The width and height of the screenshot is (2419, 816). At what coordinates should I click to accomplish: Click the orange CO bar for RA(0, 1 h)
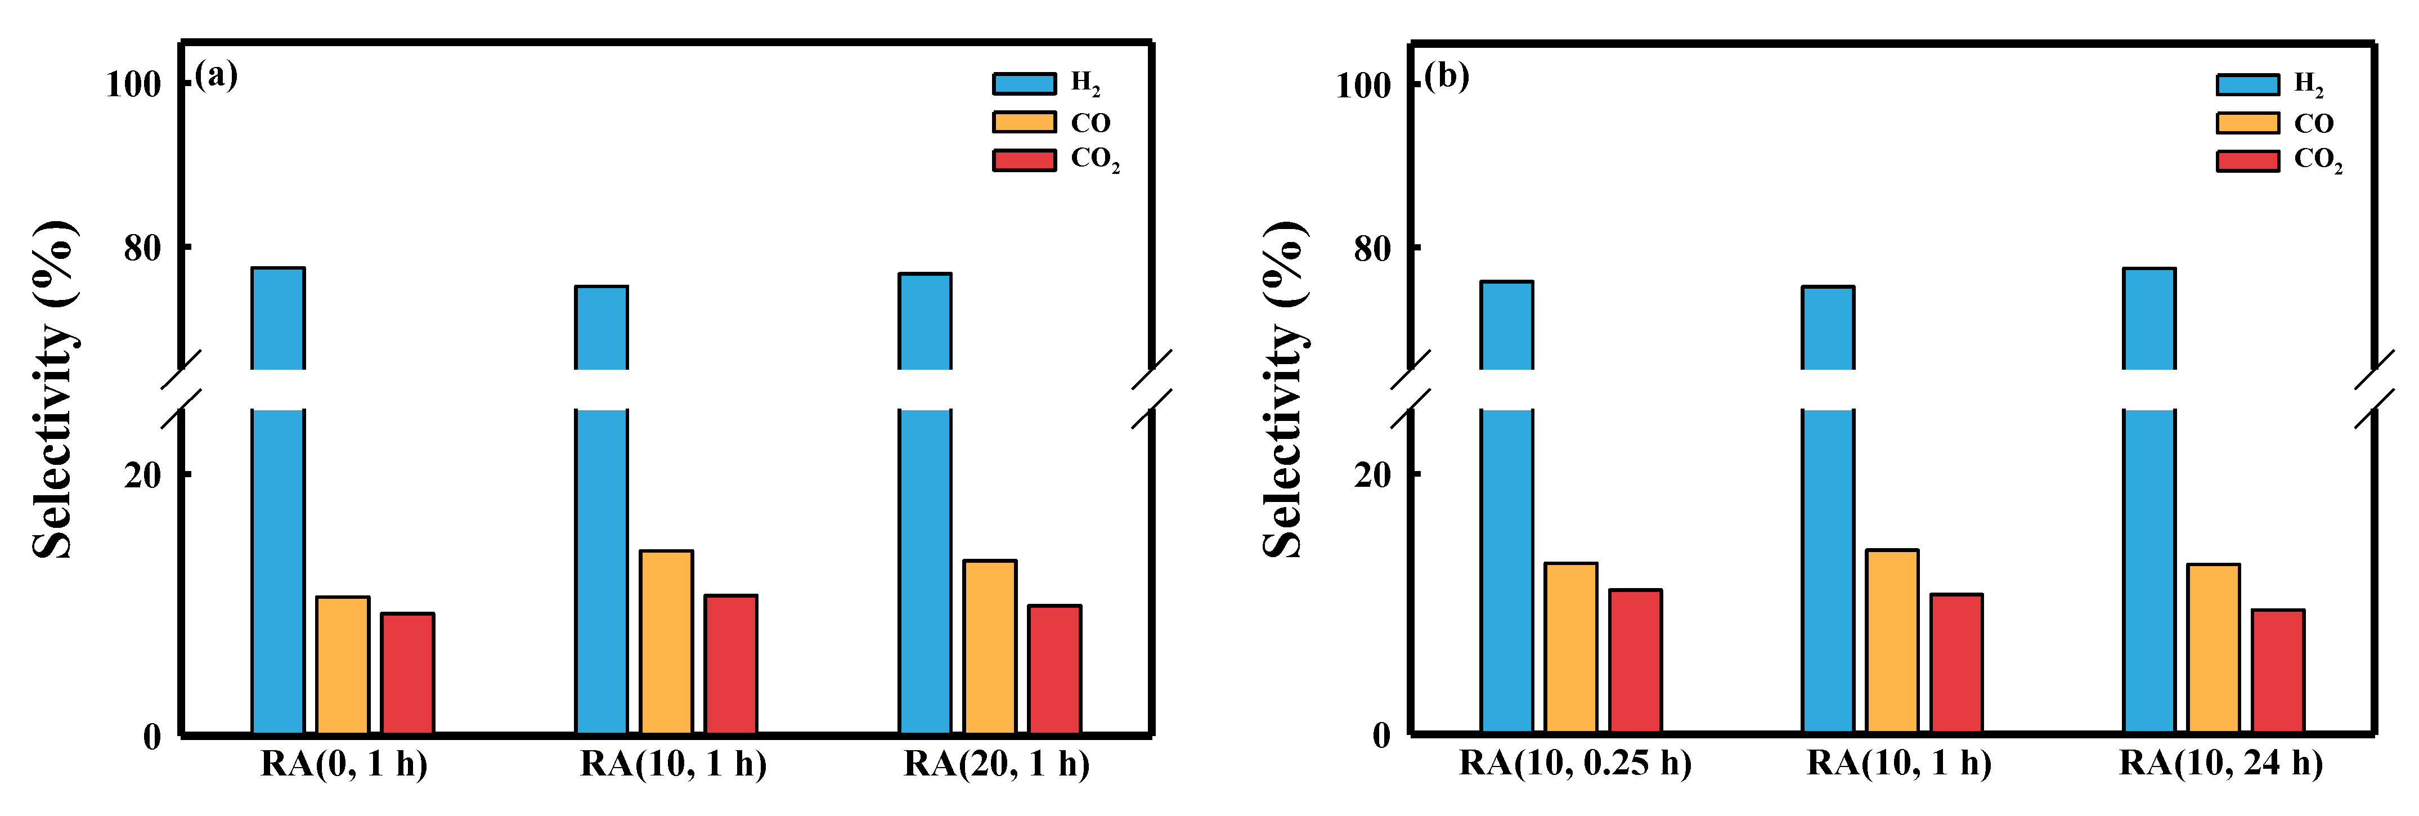pos(343,665)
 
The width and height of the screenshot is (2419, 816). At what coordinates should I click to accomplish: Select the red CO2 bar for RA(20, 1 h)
pos(1054,669)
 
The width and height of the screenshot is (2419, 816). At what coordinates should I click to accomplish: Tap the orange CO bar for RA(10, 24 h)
pos(2214,648)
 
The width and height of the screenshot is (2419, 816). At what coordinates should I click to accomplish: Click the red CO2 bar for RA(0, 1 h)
pos(407,672)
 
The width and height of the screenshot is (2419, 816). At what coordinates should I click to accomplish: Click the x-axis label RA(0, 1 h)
pos(344,764)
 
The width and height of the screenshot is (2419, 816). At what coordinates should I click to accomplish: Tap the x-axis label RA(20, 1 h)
pos(997,764)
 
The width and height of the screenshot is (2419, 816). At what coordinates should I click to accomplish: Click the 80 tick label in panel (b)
pos(1372,249)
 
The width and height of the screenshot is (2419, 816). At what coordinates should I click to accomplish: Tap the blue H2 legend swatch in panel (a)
pos(1024,84)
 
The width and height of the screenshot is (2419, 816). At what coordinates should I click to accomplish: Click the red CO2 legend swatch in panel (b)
pos(2247,160)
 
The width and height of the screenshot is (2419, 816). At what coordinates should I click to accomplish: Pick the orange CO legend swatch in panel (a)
pos(1024,122)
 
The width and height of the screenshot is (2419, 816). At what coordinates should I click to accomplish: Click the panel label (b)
pos(1446,75)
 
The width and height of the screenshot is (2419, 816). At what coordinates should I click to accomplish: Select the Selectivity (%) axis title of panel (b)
pos(1283,389)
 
